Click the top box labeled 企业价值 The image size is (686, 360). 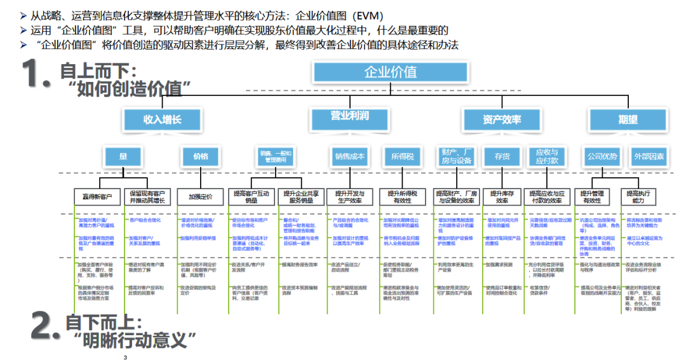tap(391, 72)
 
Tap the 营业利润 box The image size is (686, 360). tap(349, 117)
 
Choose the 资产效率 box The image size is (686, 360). tap(502, 119)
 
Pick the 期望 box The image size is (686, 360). tap(628, 119)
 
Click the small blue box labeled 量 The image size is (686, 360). tap(122, 156)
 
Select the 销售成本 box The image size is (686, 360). tap(350, 156)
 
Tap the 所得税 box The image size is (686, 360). tap(403, 156)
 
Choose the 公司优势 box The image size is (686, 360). tap(602, 156)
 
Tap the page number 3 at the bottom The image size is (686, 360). tap(126, 357)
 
